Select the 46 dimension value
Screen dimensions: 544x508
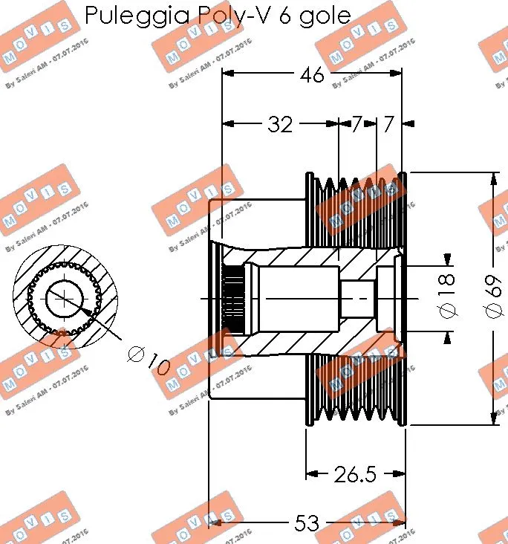pyautogui.click(x=312, y=74)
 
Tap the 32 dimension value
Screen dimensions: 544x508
pyautogui.click(x=280, y=125)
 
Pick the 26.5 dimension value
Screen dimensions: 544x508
pyautogui.click(x=355, y=473)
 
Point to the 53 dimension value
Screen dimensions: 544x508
pyautogui.click(x=307, y=523)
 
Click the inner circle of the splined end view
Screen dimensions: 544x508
pyautogui.click(x=65, y=299)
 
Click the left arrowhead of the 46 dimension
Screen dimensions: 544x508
pyautogui.click(x=228, y=74)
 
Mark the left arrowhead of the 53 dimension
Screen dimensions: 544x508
pyautogui.click(x=215, y=523)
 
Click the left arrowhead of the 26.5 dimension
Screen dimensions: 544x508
pyautogui.click(x=312, y=473)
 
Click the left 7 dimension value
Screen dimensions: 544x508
pyautogui.click(x=356, y=125)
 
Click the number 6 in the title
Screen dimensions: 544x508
pyautogui.click(x=284, y=16)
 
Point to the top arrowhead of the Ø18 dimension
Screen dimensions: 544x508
pyautogui.click(x=447, y=259)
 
